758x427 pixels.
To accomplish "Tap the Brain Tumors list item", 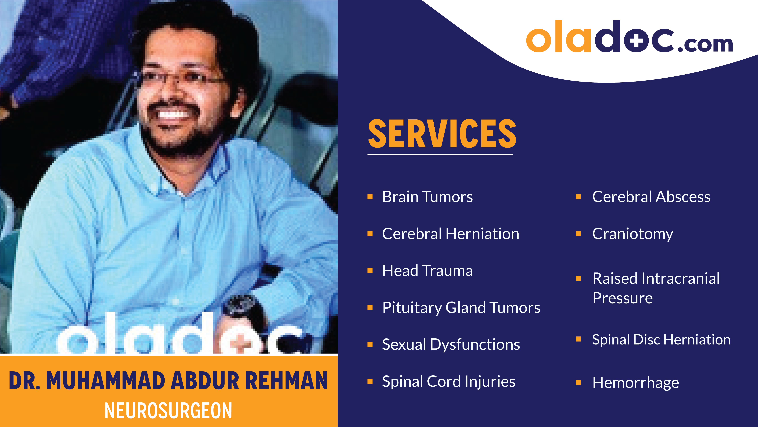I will pos(427,197).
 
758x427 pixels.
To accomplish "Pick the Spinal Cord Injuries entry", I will pos(448,382).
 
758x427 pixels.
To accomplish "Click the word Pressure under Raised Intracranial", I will pos(622,298).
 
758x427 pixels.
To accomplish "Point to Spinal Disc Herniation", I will pos(661,339).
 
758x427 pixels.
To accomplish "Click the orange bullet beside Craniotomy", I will pos(578,234).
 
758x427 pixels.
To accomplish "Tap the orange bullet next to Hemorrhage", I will pos(578,383).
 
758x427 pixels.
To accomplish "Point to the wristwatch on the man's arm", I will pos(240,306).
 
